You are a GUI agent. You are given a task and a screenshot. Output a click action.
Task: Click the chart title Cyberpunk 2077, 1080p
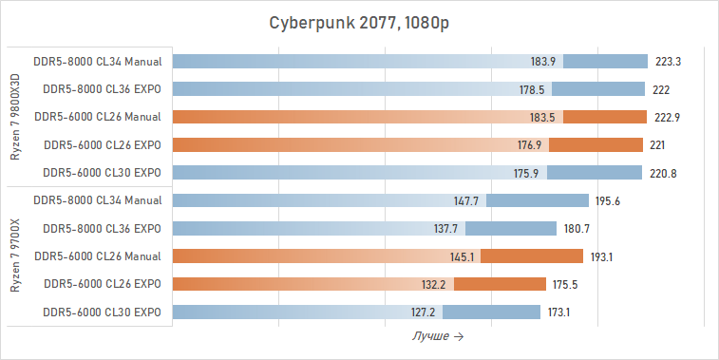[x=359, y=23]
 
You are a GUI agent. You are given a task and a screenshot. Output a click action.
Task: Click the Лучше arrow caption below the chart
[x=438, y=336]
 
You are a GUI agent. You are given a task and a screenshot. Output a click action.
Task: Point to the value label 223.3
[x=669, y=62]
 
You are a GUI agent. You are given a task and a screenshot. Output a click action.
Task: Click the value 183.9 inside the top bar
[x=543, y=62]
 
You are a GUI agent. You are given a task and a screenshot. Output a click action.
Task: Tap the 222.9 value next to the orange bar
[x=669, y=117]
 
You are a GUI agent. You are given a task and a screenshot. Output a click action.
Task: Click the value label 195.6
[x=608, y=200]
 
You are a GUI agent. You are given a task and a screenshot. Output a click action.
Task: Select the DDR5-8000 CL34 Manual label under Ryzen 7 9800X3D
[x=97, y=62]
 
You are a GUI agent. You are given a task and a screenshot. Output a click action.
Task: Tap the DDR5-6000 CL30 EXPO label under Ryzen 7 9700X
[x=103, y=313]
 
